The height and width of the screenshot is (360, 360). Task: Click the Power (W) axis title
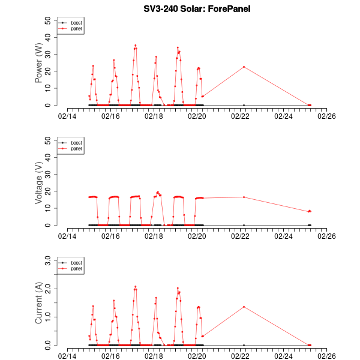[39, 63]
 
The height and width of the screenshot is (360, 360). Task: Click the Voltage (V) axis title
[39, 183]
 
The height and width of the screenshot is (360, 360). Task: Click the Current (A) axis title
[39, 303]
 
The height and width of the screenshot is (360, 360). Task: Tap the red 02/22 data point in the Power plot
[244, 67]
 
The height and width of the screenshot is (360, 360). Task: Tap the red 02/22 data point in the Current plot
[244, 307]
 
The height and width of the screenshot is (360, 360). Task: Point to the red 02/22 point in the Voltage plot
[244, 197]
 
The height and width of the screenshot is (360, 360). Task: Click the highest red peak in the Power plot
[135, 45]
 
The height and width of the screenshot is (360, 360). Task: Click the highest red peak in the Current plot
[135, 286]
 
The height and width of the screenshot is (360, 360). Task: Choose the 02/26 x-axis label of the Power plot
[326, 117]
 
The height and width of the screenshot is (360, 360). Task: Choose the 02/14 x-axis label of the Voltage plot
[67, 237]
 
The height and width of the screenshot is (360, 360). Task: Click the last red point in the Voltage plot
[310, 211]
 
